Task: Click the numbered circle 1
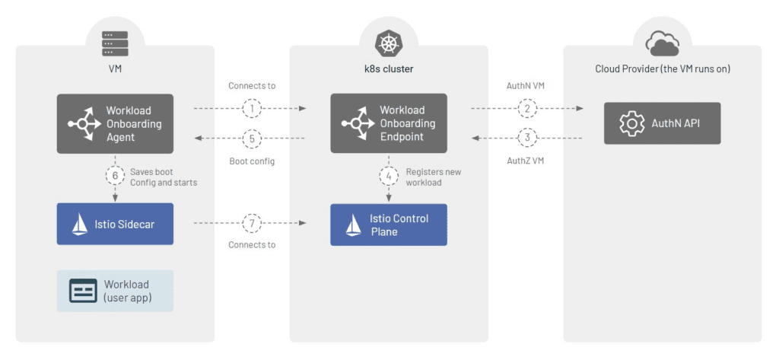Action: (x=252, y=110)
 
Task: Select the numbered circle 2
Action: (x=526, y=110)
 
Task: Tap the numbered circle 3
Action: (x=526, y=138)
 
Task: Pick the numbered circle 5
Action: (x=252, y=138)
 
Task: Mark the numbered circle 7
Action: (x=252, y=224)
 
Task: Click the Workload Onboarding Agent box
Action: (x=115, y=124)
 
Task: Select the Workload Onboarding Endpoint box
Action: (x=389, y=124)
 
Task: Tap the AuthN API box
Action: (x=662, y=123)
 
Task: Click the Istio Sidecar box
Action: (x=115, y=224)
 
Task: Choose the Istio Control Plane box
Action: (x=389, y=225)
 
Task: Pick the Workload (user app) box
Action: (x=115, y=291)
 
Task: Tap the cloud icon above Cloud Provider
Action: (x=662, y=43)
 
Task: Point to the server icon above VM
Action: (x=115, y=43)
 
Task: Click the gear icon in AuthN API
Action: (x=631, y=123)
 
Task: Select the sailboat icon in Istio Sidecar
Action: (x=80, y=225)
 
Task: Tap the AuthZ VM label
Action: (x=526, y=161)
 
